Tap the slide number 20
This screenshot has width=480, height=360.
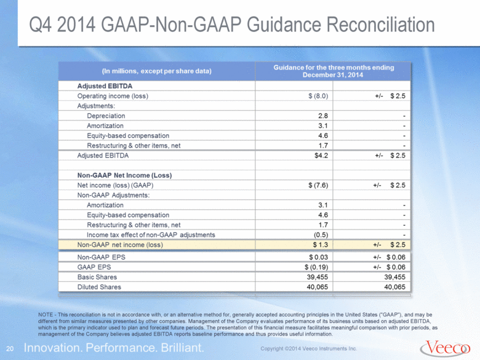click(10, 349)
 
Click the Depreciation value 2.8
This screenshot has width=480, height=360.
click(323, 116)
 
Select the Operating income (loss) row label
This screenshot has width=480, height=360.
click(113, 96)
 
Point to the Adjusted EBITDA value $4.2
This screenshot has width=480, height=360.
click(321, 156)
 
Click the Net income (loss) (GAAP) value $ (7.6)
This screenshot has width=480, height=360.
click(318, 185)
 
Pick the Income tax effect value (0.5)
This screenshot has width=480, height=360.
click(321, 235)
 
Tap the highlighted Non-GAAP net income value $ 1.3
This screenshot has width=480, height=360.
click(320, 245)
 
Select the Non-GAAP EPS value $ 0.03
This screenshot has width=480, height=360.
click(318, 257)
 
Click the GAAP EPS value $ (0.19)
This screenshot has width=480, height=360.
click(316, 267)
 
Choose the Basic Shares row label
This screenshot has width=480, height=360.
click(97, 277)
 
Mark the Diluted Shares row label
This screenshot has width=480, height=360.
click(99, 287)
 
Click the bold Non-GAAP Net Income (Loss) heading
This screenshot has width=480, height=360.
click(124, 175)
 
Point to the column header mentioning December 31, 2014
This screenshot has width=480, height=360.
click(334, 71)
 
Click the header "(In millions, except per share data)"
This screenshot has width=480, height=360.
click(156, 71)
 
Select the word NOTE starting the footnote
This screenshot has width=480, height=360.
click(46, 314)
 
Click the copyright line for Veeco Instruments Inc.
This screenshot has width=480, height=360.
click(308, 349)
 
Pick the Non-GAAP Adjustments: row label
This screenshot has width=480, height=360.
click(114, 195)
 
